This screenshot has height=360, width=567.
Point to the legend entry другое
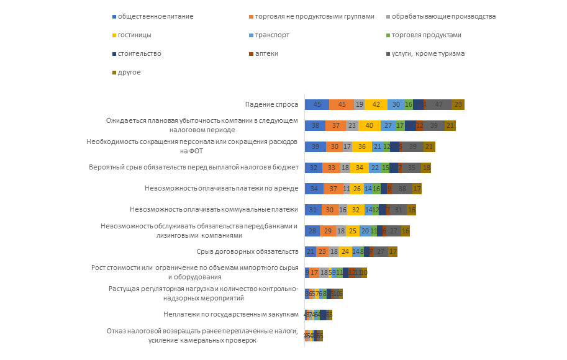[x=127, y=72]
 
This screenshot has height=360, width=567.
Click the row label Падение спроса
[x=273, y=104]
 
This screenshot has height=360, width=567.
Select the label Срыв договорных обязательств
[x=248, y=251]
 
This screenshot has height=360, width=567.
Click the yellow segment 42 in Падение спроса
[x=376, y=105]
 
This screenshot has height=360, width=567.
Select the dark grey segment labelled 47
[x=438, y=105]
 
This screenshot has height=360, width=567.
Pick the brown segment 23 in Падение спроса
[x=458, y=105]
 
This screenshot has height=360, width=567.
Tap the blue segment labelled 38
[x=315, y=125]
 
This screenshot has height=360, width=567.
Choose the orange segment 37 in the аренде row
[x=333, y=189]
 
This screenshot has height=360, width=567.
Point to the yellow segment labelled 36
[x=362, y=146]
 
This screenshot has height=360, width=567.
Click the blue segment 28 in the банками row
[x=312, y=230]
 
